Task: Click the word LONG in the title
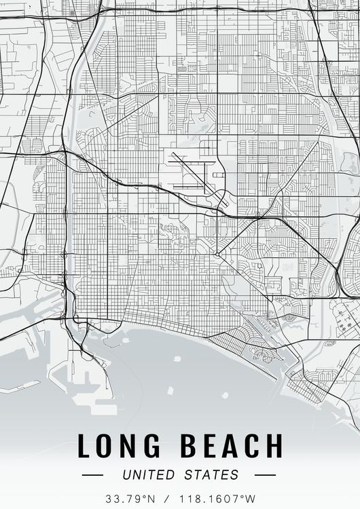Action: pos(120,446)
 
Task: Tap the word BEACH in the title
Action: pos(231,446)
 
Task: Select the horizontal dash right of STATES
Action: pos(266,475)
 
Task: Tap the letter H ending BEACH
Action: pos(272,446)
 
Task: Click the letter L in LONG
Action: pos(84,446)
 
